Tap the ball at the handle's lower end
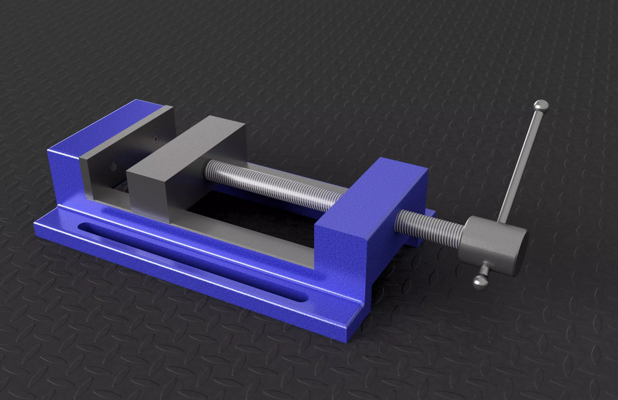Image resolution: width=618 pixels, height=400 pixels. point(481,282)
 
